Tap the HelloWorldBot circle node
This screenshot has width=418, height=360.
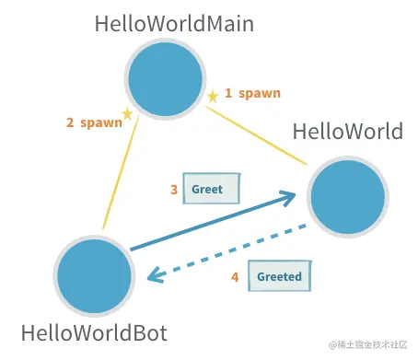click(94, 274)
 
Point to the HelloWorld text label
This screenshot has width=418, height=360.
click(347, 132)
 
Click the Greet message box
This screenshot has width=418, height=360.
click(210, 189)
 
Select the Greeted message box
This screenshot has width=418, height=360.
click(278, 275)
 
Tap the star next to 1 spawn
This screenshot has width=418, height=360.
click(213, 95)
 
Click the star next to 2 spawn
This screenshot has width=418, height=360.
click(127, 113)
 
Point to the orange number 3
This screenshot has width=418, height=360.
click(173, 190)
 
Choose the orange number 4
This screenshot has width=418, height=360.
click(234, 275)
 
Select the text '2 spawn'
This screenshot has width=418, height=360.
click(93, 122)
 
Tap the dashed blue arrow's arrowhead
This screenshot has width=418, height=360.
click(157, 273)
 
